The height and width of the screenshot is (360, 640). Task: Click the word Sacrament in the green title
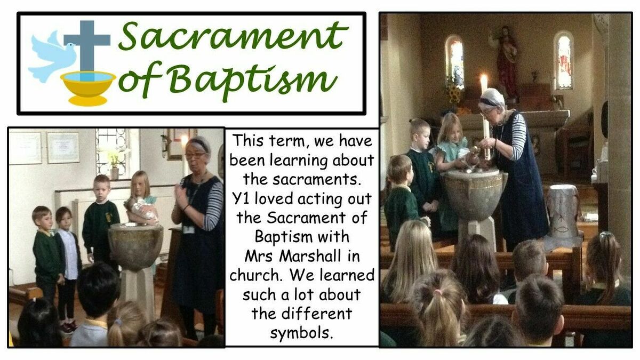pyautogui.click(x=234, y=37)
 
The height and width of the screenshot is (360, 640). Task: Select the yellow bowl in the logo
pyautogui.click(x=89, y=87)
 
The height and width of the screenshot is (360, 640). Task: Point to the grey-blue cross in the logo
pyautogui.click(x=87, y=49)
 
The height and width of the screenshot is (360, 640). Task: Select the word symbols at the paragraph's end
pyautogui.click(x=302, y=333)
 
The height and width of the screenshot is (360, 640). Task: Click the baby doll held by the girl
pyautogui.click(x=143, y=210)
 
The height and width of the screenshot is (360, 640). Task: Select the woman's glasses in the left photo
pyautogui.click(x=195, y=156)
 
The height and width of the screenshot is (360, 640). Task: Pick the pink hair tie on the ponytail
pyautogui.click(x=437, y=293)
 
